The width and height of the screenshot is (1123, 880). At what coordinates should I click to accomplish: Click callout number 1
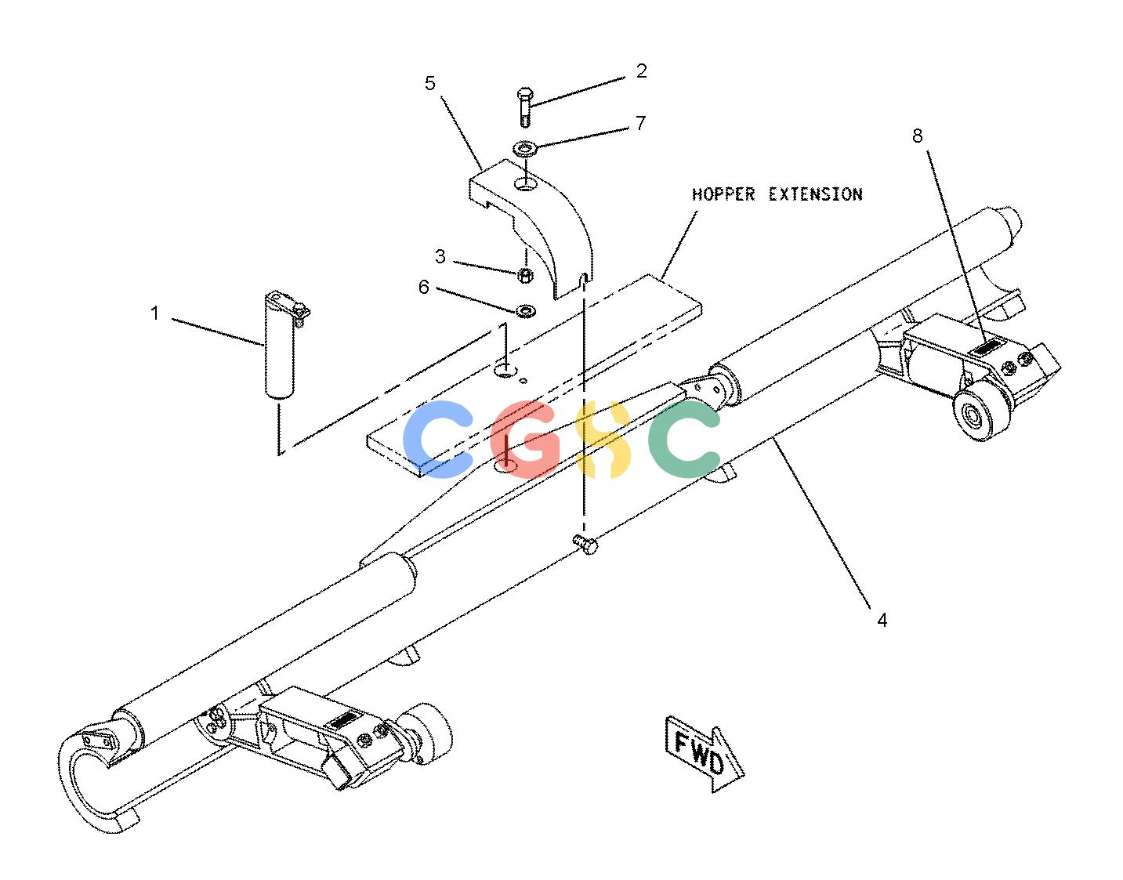154,313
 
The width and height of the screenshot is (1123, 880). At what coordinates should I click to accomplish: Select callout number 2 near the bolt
641,71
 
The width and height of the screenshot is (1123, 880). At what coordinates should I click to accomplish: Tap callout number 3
440,256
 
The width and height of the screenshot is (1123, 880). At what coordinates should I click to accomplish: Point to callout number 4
882,620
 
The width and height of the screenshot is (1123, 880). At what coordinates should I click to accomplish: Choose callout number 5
430,83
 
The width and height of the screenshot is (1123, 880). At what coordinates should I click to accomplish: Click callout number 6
424,287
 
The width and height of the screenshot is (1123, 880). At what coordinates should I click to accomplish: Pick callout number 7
640,123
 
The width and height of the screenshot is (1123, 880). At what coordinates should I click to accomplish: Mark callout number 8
918,136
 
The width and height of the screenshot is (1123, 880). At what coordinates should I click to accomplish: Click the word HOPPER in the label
723,195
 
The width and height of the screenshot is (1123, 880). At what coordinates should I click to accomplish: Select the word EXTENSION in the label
816,195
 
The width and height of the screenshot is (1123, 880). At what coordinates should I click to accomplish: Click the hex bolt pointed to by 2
525,107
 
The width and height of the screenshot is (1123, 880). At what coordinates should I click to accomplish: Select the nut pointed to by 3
525,275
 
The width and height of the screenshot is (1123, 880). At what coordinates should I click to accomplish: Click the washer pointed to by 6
526,311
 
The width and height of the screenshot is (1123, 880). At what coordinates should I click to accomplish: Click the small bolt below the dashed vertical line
585,545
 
